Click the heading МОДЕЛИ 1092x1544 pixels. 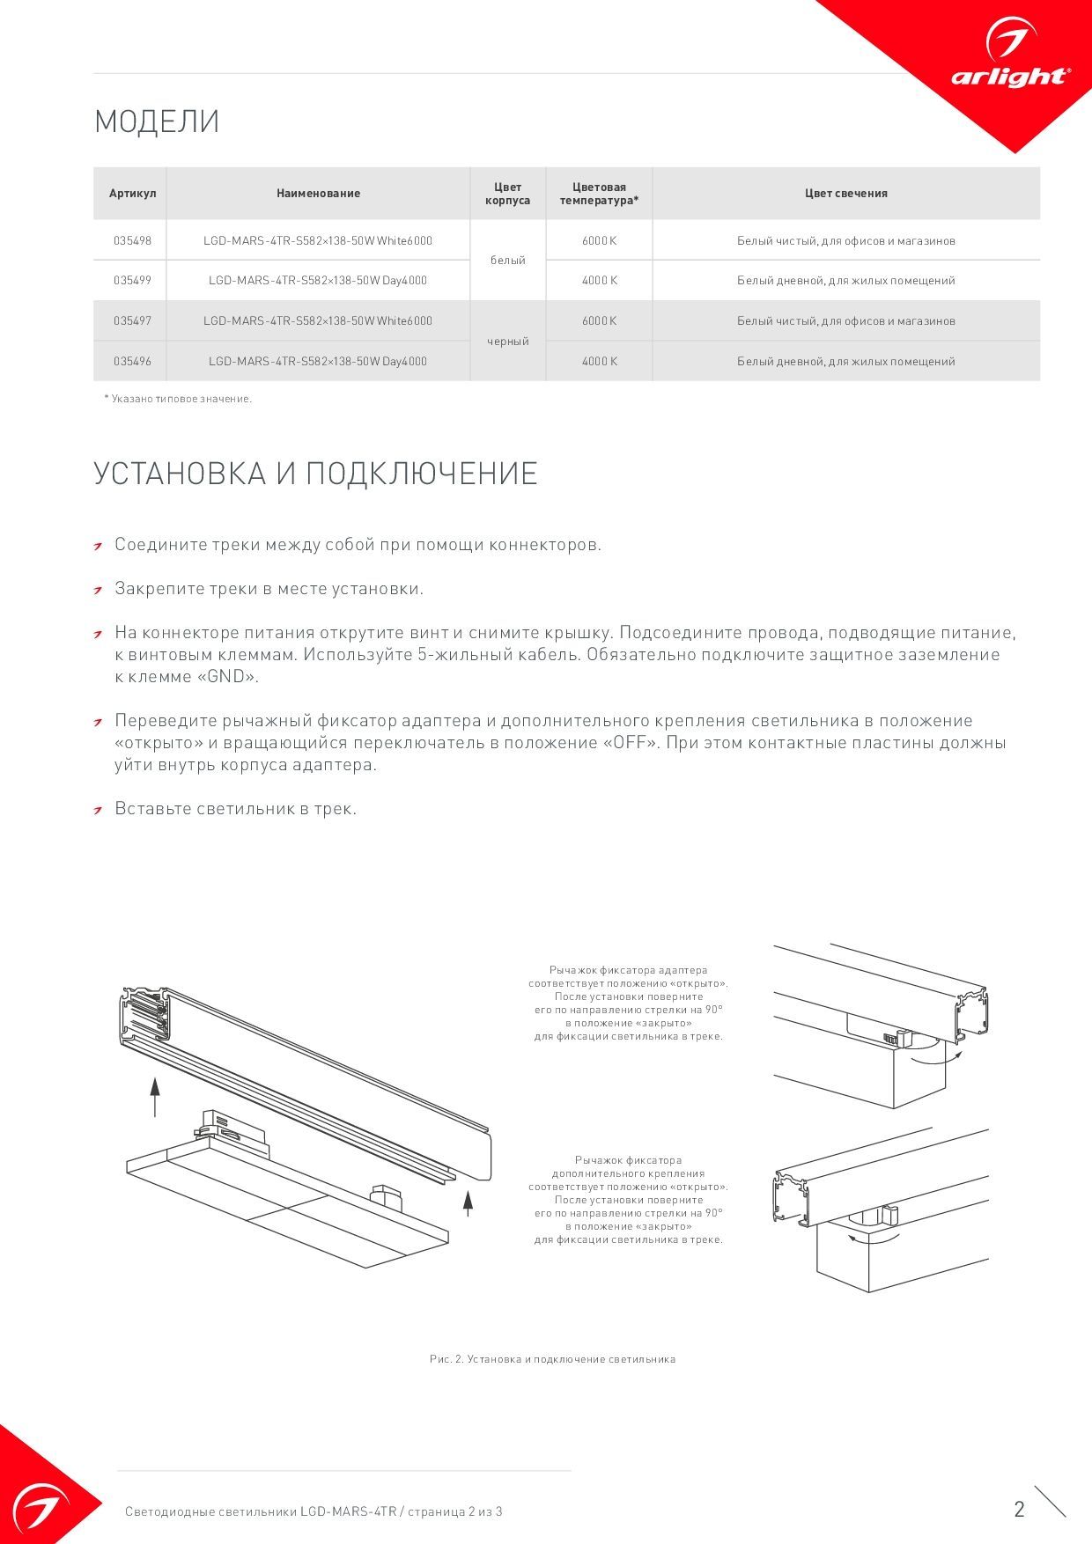pos(157,121)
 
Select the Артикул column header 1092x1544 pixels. pos(132,194)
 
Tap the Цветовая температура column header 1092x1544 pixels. pos(599,194)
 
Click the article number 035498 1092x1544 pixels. pos(132,240)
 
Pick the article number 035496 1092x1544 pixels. pos(132,361)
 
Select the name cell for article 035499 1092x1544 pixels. pos(317,281)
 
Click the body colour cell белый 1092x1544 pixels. pos(507,261)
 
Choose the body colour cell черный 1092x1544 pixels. pos(507,342)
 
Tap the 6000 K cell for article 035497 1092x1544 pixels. pos(599,321)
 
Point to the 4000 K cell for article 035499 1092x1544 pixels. pos(599,281)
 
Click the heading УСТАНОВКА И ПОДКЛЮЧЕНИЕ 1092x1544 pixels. pos(315,474)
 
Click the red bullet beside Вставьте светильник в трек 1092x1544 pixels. pos(100,811)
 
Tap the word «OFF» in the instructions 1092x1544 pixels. pos(630,743)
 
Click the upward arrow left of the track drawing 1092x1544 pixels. pos(155,1096)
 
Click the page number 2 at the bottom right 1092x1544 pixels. pos(1019,1509)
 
